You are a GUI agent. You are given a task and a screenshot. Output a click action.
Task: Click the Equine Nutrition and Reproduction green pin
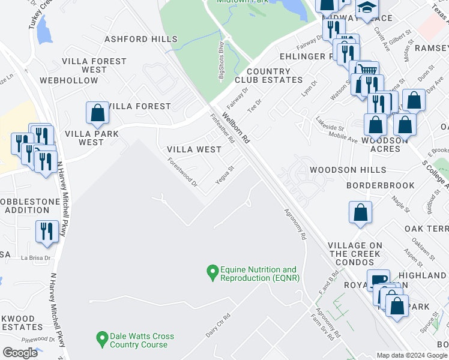coord(212,273)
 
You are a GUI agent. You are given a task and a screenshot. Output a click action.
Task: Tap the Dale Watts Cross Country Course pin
coord(102,340)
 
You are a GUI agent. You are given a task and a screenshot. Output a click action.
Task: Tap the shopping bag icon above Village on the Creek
coord(360,212)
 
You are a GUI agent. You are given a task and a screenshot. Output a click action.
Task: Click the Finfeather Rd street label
coord(222,128)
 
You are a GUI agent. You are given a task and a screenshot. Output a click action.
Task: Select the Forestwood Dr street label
coord(182,172)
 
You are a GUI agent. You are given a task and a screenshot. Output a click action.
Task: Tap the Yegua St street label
coord(224,176)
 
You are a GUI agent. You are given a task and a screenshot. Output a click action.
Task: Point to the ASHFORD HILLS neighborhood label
coord(141,39)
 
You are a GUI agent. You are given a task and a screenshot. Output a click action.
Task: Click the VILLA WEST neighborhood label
coord(194,149)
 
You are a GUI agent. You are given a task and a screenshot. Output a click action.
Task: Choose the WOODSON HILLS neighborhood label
coord(348,170)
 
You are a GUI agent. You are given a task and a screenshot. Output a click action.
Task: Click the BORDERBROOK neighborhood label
coord(381,186)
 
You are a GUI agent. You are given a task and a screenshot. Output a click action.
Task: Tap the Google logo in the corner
coord(20,352)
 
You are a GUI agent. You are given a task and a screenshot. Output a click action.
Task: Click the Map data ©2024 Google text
coord(412,355)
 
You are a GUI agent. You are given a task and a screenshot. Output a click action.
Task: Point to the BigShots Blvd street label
coord(221,60)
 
